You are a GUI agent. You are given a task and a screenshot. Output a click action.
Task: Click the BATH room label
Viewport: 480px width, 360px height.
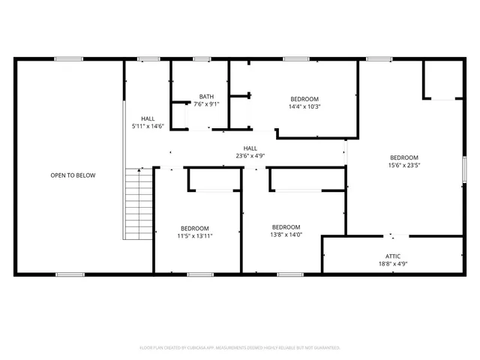coord(206,96)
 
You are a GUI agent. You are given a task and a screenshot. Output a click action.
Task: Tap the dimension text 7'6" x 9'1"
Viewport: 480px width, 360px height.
coord(206,104)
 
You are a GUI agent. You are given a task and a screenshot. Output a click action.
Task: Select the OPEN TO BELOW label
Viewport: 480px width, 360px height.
coord(73,175)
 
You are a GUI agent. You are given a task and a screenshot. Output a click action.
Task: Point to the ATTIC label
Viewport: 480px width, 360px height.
coord(393,256)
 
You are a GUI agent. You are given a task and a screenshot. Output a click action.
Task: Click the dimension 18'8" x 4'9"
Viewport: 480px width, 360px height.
coord(393,264)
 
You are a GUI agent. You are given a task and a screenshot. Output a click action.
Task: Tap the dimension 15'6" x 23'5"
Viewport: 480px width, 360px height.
coord(403,165)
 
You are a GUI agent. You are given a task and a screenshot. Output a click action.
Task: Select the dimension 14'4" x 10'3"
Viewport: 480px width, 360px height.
coord(304,106)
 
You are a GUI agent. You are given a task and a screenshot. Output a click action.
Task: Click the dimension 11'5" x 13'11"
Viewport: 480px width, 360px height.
coord(195,236)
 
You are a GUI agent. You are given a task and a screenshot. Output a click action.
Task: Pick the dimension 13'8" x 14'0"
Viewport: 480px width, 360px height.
coord(286,235)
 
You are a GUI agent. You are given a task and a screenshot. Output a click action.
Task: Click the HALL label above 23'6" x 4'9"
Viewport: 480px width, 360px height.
coord(250,148)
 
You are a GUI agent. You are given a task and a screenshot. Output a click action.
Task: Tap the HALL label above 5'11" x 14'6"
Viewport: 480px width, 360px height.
coord(148,118)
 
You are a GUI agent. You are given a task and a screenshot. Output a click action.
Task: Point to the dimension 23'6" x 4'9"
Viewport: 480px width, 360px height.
coord(250,156)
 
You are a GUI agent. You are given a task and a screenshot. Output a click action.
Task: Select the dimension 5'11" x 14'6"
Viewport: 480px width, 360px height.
coord(148,127)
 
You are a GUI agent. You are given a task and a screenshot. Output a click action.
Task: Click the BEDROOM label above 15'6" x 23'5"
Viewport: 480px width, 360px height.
coord(403,157)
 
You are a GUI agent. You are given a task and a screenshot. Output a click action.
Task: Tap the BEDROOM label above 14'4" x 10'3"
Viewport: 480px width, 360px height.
coord(304,99)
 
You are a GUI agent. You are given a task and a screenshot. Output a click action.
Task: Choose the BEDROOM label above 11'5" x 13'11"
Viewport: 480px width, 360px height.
coord(195,228)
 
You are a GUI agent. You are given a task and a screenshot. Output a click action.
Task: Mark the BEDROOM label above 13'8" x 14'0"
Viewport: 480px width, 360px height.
coord(286,227)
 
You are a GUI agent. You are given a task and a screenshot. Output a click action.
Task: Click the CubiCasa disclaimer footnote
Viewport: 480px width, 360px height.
coord(240,348)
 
